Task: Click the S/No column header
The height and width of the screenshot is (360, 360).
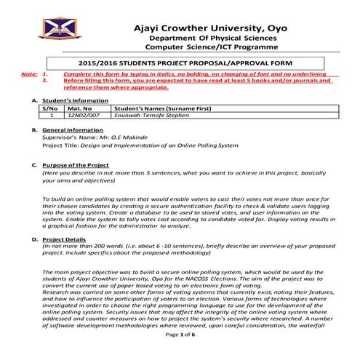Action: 52,108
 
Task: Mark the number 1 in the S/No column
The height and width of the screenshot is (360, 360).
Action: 52,115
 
